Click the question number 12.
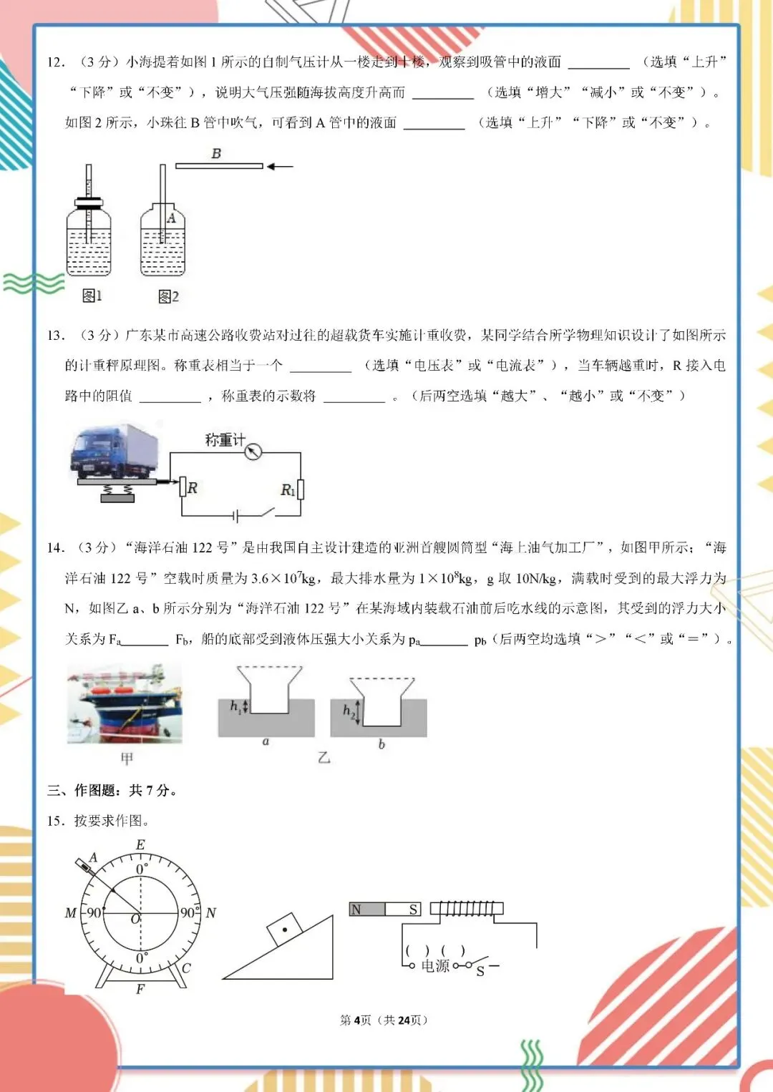click(55, 62)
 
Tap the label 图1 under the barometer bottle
click(92, 296)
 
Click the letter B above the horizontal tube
click(216, 153)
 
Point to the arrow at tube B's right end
click(280, 167)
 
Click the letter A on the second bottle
click(171, 218)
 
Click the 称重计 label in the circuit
click(224, 440)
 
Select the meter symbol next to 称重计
click(253, 452)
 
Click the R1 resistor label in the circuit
click(287, 490)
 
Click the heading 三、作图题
click(112, 790)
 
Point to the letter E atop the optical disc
click(140, 844)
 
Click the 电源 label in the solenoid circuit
click(434, 966)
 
